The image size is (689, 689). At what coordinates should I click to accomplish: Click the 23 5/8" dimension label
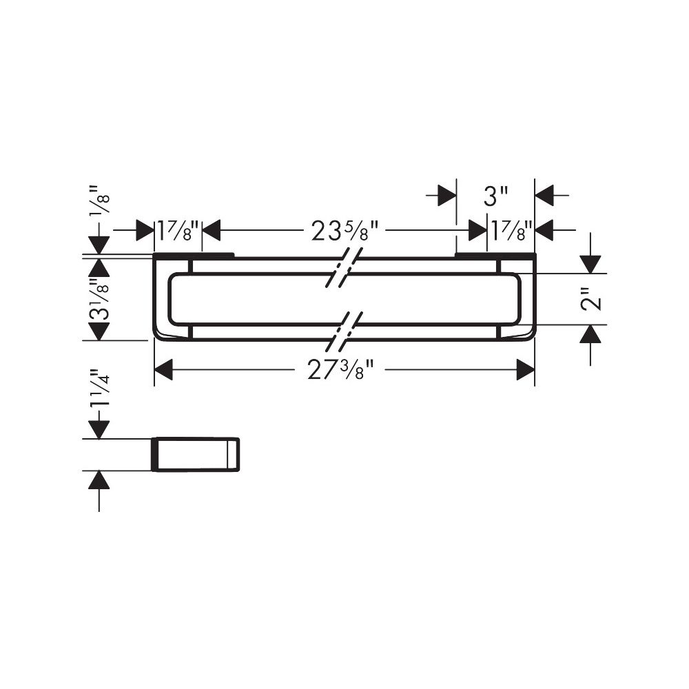pos(345,231)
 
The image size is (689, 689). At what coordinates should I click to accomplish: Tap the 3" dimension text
pos(495,196)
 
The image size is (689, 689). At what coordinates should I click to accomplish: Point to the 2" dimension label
pos(590,299)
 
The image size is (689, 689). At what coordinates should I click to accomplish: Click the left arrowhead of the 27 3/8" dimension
pos(163,369)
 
